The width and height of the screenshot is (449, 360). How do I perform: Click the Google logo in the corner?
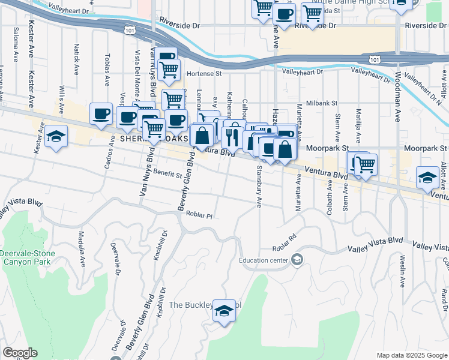[x=20, y=353]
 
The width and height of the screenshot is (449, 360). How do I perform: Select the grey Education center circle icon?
[x=297, y=260]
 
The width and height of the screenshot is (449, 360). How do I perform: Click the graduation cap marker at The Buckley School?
[x=224, y=311]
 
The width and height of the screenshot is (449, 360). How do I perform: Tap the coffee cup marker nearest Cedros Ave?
[x=101, y=113]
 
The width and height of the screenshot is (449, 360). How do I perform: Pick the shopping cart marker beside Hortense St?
[x=169, y=71]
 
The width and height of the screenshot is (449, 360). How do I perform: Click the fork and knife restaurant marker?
[x=231, y=136]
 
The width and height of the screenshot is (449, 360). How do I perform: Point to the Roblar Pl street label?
[x=199, y=214]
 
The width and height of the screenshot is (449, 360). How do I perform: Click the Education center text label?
[x=264, y=260]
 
